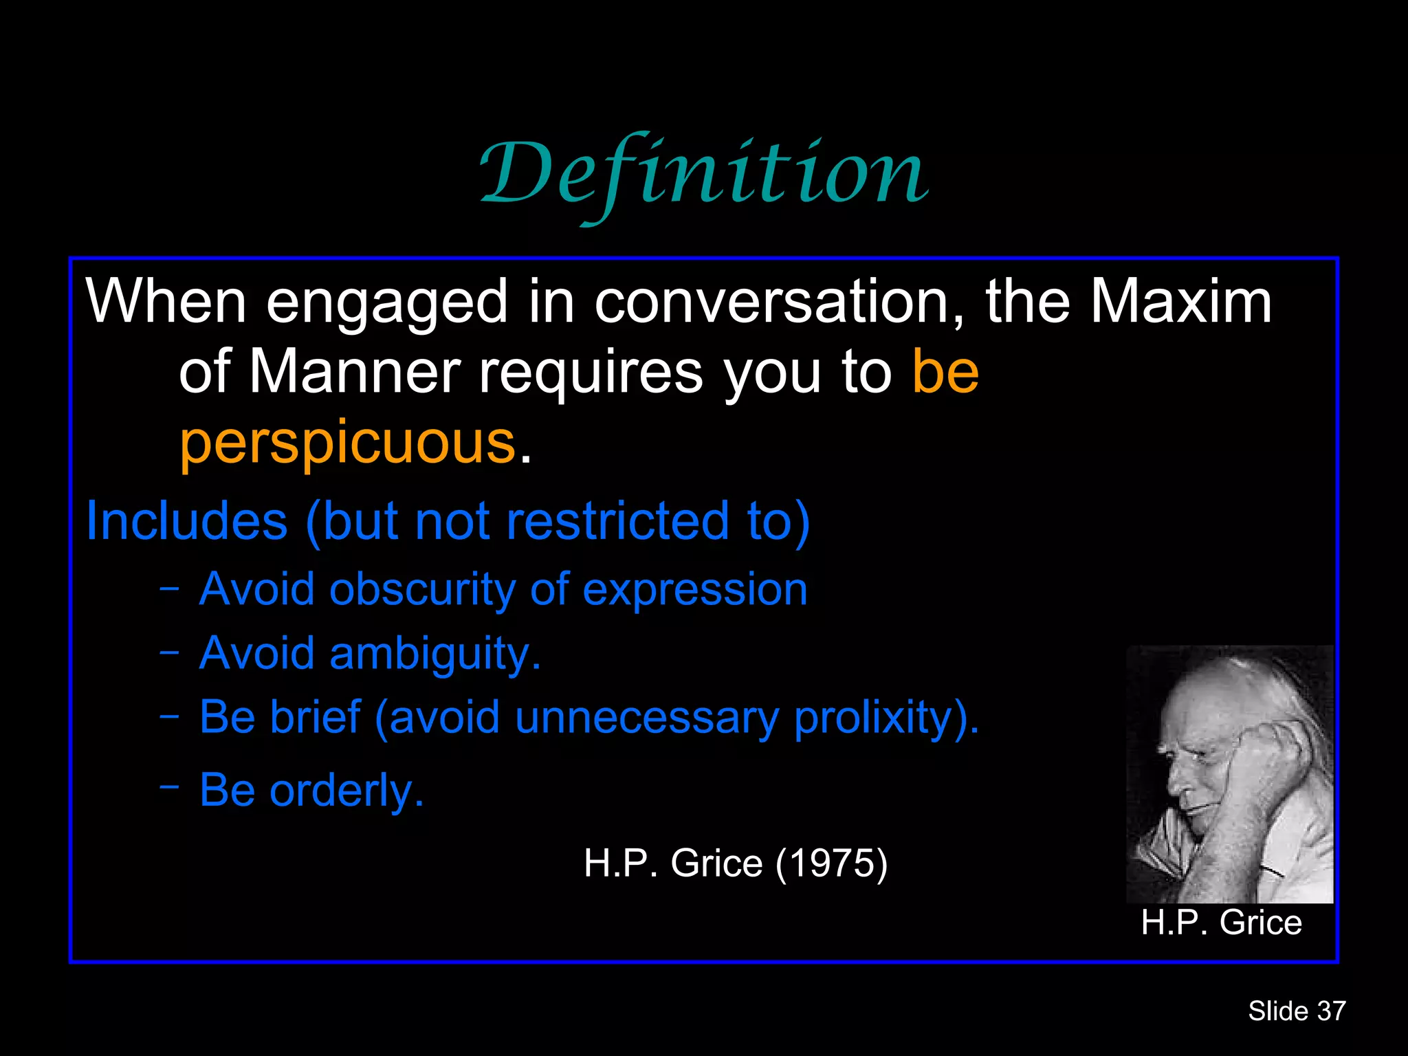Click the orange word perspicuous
coord(347,443)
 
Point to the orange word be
coord(945,372)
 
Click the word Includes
coord(186,521)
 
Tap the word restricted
coord(617,521)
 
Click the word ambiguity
coord(434,653)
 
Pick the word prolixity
coord(885,717)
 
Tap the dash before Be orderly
coord(169,785)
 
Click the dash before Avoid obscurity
coord(169,588)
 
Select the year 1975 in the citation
coord(831,863)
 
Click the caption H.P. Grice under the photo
coord(1221,923)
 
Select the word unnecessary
coord(646,717)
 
